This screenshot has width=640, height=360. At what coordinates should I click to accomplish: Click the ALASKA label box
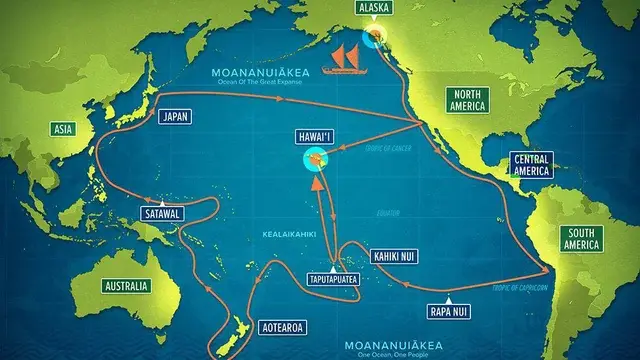tap(374, 8)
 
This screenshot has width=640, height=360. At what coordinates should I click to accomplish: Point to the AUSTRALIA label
tap(126, 286)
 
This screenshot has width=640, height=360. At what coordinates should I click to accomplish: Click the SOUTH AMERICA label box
tap(581, 238)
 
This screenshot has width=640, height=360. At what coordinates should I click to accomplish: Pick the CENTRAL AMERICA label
tap(531, 164)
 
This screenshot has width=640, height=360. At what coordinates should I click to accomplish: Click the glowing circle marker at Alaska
tap(377, 37)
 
